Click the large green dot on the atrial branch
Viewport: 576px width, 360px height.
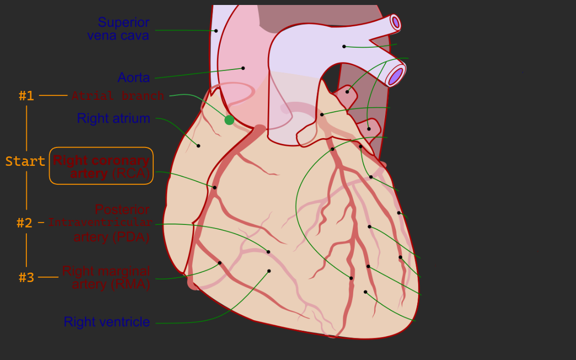(229, 120)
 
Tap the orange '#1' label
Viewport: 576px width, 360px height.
(26, 96)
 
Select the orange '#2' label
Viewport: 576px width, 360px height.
(24, 223)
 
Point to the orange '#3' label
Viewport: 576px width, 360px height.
(26, 278)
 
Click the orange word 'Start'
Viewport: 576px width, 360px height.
(25, 161)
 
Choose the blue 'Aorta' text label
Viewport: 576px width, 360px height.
(133, 77)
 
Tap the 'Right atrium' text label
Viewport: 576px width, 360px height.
(113, 118)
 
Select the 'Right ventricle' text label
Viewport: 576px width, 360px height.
(107, 322)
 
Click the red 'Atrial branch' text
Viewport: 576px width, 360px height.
(118, 96)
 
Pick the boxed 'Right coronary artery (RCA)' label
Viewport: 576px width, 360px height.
(101, 166)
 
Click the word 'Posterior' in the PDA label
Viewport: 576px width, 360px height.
(122, 210)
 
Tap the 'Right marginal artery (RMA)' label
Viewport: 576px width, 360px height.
(106, 278)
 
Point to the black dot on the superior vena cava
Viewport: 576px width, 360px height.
(216, 31)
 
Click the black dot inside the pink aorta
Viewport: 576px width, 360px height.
(243, 68)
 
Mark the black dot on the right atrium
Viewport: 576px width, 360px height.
(198, 145)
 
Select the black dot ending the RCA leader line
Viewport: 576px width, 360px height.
(214, 187)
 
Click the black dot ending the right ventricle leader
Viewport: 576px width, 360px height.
(269, 271)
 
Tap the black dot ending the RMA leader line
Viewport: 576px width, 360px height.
(220, 263)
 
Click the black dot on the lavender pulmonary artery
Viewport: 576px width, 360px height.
(344, 46)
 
